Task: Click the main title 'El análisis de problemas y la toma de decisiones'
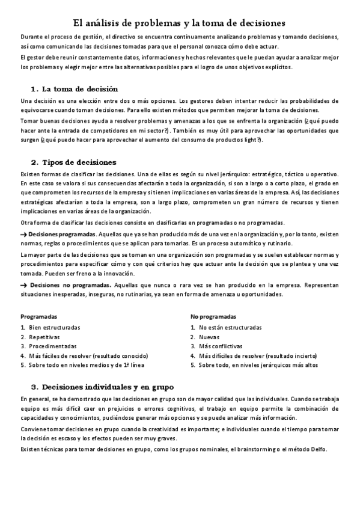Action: [x=179, y=23]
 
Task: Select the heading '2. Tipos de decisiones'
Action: [x=74, y=162]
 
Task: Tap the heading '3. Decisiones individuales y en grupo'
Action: [x=102, y=386]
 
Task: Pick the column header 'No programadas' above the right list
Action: [x=213, y=316]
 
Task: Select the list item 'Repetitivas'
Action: [x=44, y=337]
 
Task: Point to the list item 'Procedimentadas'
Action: [x=52, y=346]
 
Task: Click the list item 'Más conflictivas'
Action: [x=221, y=346]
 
